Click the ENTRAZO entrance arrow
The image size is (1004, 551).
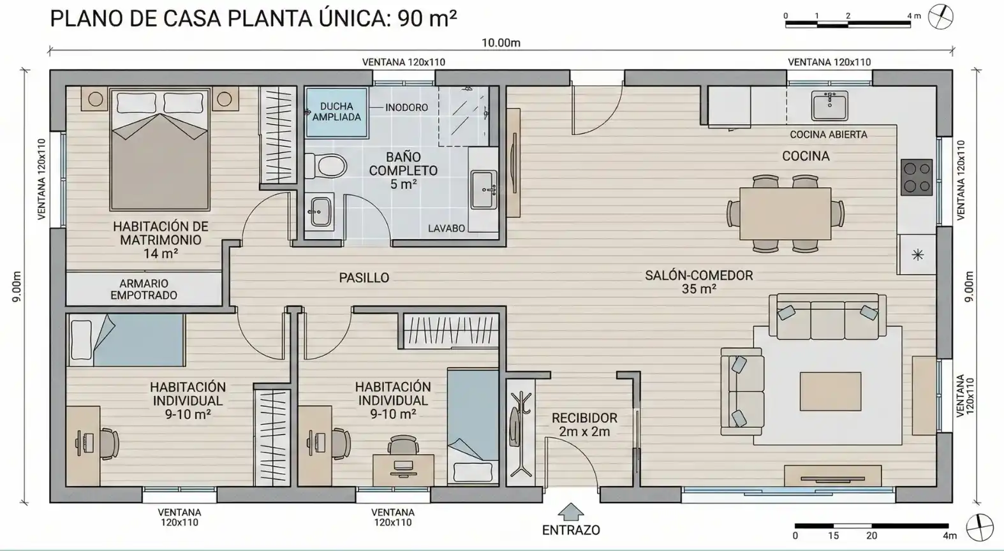click(571, 511)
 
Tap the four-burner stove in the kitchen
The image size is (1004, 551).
click(917, 177)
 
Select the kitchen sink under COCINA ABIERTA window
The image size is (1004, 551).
click(830, 106)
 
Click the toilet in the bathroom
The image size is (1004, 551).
click(326, 166)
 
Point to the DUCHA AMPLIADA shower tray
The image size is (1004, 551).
click(337, 112)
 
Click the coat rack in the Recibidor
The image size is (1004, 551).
click(520, 434)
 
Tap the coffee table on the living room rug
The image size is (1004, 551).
click(831, 391)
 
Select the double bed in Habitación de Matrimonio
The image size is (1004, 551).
click(160, 149)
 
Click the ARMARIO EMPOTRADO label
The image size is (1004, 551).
click(144, 290)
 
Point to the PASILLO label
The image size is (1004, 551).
click(364, 278)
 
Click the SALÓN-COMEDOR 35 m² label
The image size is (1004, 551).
click(698, 283)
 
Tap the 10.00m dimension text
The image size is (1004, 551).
click(501, 43)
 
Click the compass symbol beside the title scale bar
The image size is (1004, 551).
click(940, 17)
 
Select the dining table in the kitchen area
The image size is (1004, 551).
click(785, 214)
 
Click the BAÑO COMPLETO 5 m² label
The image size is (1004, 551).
click(403, 171)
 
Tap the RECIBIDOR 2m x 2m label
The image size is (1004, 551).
click(584, 425)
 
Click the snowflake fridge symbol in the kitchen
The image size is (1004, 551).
click(917, 255)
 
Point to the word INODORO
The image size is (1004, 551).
click(406, 108)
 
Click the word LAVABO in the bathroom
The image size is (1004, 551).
click(446, 228)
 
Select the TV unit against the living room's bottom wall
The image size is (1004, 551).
click(833, 475)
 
